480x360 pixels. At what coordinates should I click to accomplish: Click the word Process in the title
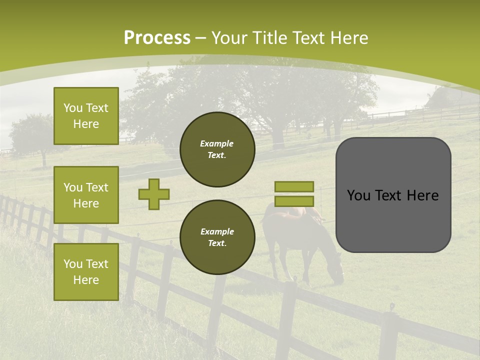tap(157, 37)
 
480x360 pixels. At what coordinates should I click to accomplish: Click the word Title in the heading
tap(270, 38)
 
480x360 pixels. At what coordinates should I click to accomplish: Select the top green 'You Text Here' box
tap(86, 116)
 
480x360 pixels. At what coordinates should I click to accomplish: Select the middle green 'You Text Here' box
tap(86, 195)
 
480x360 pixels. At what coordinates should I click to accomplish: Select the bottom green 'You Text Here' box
tap(86, 271)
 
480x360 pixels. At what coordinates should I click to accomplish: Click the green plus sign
tap(154, 194)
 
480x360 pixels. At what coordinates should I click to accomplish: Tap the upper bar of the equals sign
tap(294, 186)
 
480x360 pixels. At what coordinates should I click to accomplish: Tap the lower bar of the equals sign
tap(294, 201)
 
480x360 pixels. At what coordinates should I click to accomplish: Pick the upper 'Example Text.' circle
tap(217, 149)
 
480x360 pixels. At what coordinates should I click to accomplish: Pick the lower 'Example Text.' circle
tap(217, 237)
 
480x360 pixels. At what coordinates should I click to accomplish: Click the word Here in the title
tap(349, 38)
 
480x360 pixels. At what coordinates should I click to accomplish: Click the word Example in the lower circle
tap(217, 231)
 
